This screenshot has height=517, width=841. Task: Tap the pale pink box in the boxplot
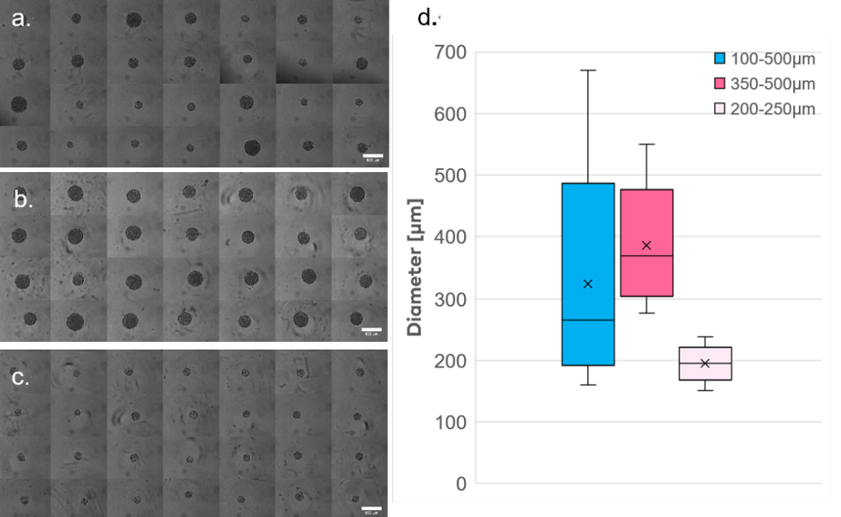(705, 364)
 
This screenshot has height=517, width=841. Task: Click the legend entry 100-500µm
(764, 58)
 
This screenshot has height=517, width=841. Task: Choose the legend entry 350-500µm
(764, 83)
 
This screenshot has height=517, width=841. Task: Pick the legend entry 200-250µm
(764, 109)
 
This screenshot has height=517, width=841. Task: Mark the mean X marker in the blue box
(588, 283)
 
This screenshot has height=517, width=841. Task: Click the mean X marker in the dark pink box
(646, 245)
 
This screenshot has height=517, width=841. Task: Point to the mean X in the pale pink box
(705, 363)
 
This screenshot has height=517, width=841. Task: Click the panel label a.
(21, 20)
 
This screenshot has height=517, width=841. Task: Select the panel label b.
(23, 199)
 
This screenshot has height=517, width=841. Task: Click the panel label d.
(427, 17)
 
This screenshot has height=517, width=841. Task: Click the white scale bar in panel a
(372, 157)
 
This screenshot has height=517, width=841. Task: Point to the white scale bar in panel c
(372, 509)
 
